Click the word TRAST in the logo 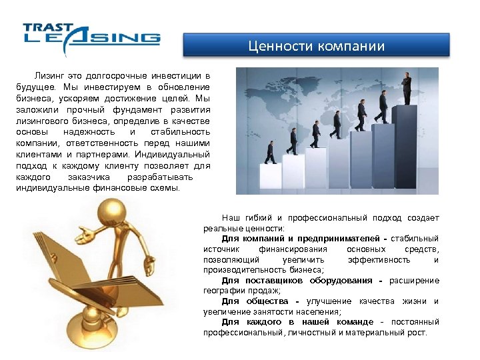(x=47, y=27)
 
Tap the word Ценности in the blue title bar (x=275, y=46)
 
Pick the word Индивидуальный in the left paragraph (x=171, y=154)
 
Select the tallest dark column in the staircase (x=405, y=147)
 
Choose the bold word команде (x=355, y=322)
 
